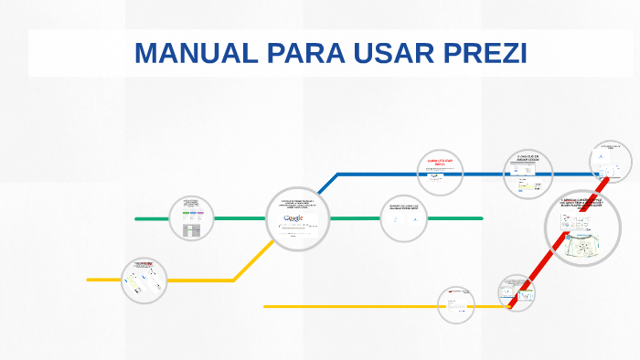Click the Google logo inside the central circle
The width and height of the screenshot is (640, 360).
(x=294, y=218)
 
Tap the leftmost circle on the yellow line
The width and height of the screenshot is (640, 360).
(x=144, y=280)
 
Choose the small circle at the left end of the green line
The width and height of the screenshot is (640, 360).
(x=192, y=218)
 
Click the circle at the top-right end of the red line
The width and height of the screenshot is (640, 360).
(x=610, y=162)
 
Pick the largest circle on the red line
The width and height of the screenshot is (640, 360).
(x=582, y=227)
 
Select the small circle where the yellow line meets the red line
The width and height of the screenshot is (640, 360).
(x=517, y=293)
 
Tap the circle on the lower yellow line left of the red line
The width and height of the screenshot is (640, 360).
(x=456, y=305)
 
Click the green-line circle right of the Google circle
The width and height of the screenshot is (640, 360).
(x=403, y=218)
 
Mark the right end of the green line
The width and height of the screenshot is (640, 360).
(x=481, y=218)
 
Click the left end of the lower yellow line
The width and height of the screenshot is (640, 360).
(x=265, y=307)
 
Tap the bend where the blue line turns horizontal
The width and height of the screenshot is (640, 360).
(x=337, y=175)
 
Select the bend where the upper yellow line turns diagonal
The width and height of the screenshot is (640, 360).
(x=234, y=280)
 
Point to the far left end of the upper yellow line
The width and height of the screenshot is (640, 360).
(x=89, y=280)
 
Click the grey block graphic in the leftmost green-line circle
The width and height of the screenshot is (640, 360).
(x=192, y=231)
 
